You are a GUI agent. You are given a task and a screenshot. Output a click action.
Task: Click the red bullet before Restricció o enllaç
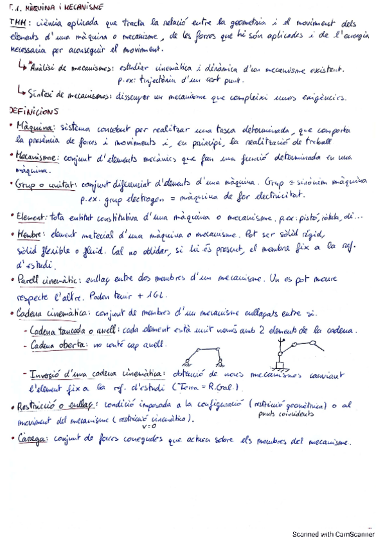(x=13, y=406)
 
